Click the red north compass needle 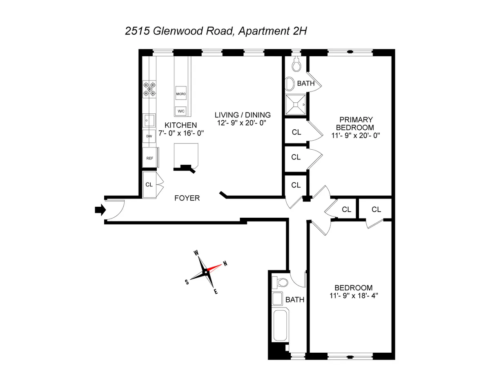pyautogui.click(x=215, y=267)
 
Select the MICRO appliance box pyautogui.click(x=181, y=94)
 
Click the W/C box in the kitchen pyautogui.click(x=181, y=111)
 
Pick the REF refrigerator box pyautogui.click(x=150, y=158)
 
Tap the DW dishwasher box pyautogui.click(x=149, y=136)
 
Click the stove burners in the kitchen pyautogui.click(x=149, y=89)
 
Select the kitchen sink pyautogui.click(x=149, y=120)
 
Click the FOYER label pyautogui.click(x=187, y=198)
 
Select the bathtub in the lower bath pyautogui.click(x=280, y=325)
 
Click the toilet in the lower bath pyautogui.click(x=282, y=282)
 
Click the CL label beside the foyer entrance pyautogui.click(x=149, y=184)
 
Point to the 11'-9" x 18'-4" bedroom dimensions pyautogui.click(x=353, y=295)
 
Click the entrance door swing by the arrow pyautogui.click(x=116, y=209)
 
